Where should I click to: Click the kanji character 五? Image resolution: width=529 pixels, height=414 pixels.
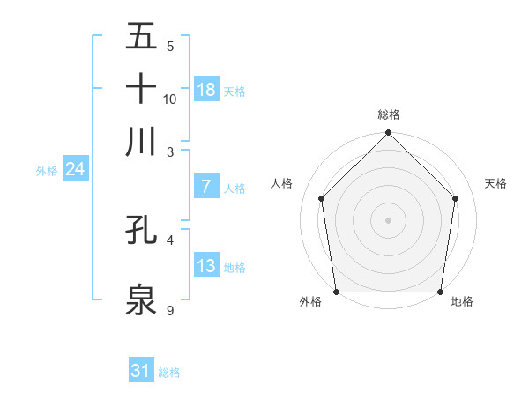[x=141, y=38]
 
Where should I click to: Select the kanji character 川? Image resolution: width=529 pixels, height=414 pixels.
[x=141, y=141]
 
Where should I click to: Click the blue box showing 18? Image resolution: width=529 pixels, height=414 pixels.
[x=206, y=89]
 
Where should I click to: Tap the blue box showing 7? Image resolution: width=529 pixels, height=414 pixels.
[x=206, y=187]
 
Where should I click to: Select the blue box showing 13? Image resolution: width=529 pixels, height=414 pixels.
[x=206, y=266]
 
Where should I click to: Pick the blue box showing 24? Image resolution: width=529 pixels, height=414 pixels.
[x=75, y=169]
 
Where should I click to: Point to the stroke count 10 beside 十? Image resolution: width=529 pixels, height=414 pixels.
[x=170, y=99]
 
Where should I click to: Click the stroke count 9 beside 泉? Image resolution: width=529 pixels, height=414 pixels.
[x=170, y=310]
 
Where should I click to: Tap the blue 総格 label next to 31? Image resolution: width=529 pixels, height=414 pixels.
[x=169, y=373]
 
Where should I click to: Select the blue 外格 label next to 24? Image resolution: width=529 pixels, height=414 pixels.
[x=47, y=171]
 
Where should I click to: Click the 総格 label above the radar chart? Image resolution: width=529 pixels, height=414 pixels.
[x=389, y=115]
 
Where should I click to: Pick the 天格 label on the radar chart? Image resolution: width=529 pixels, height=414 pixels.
[x=496, y=183]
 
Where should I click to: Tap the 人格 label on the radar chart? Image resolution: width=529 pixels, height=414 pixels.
[x=282, y=183]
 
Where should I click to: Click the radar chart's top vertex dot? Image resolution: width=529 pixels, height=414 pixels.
[x=389, y=134]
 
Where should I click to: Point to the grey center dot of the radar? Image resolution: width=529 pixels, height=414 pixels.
[x=389, y=219]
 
